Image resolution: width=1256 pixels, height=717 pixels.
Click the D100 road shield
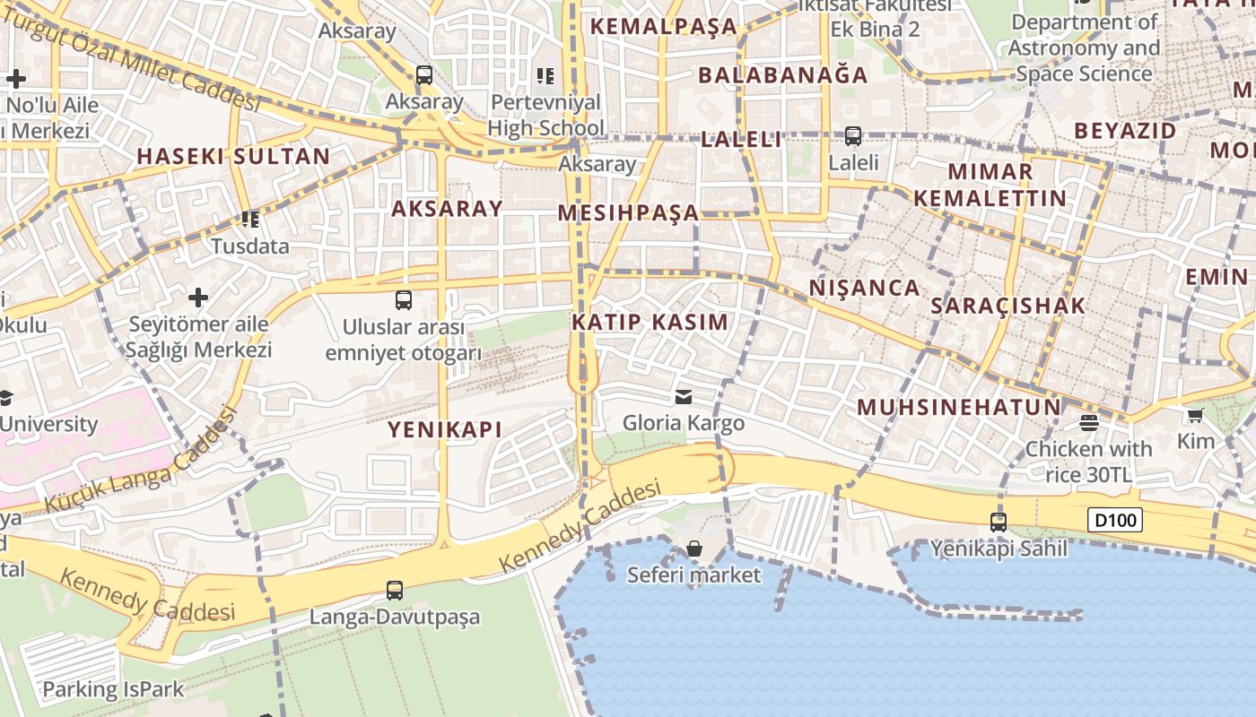[x=1116, y=520]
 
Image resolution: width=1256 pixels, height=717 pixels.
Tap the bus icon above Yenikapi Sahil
[x=999, y=522]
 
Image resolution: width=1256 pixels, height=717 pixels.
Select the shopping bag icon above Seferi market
[x=693, y=549]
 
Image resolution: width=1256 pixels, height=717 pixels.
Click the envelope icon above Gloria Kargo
[x=684, y=396]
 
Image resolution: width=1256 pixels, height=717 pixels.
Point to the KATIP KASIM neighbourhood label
[x=650, y=322]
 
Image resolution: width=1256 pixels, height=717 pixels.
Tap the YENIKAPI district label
[x=445, y=429]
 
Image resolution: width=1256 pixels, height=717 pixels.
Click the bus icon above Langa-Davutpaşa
[x=395, y=590]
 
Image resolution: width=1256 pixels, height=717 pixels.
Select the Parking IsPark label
[x=113, y=690]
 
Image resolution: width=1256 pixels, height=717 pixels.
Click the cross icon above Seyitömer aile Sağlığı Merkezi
[x=198, y=297]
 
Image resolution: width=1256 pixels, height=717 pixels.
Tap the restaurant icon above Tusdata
[x=249, y=219]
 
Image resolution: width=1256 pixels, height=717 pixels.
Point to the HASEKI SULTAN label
[x=233, y=157]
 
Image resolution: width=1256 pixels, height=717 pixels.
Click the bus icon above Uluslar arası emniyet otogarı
[x=404, y=300]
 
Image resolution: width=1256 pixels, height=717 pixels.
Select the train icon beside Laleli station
[x=853, y=136]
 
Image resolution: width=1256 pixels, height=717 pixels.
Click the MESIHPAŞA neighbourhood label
[x=628, y=213]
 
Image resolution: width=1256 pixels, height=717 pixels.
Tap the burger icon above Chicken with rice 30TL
[x=1089, y=422]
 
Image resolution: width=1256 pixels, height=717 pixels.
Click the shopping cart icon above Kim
[x=1195, y=415]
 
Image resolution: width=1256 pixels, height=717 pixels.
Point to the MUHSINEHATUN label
[x=959, y=408]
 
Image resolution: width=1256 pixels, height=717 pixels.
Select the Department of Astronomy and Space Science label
[x=1084, y=48]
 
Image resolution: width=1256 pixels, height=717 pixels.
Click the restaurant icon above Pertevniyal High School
[x=545, y=76]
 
